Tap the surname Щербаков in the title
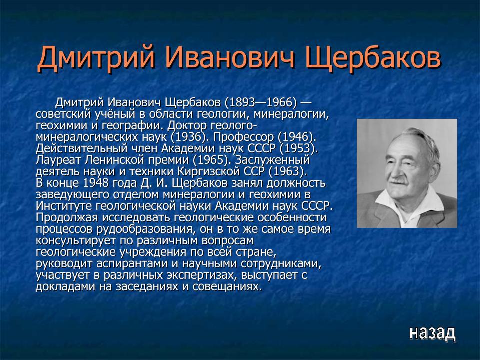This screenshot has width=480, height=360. pos(373,59)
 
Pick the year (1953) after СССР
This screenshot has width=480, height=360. pos(298,149)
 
